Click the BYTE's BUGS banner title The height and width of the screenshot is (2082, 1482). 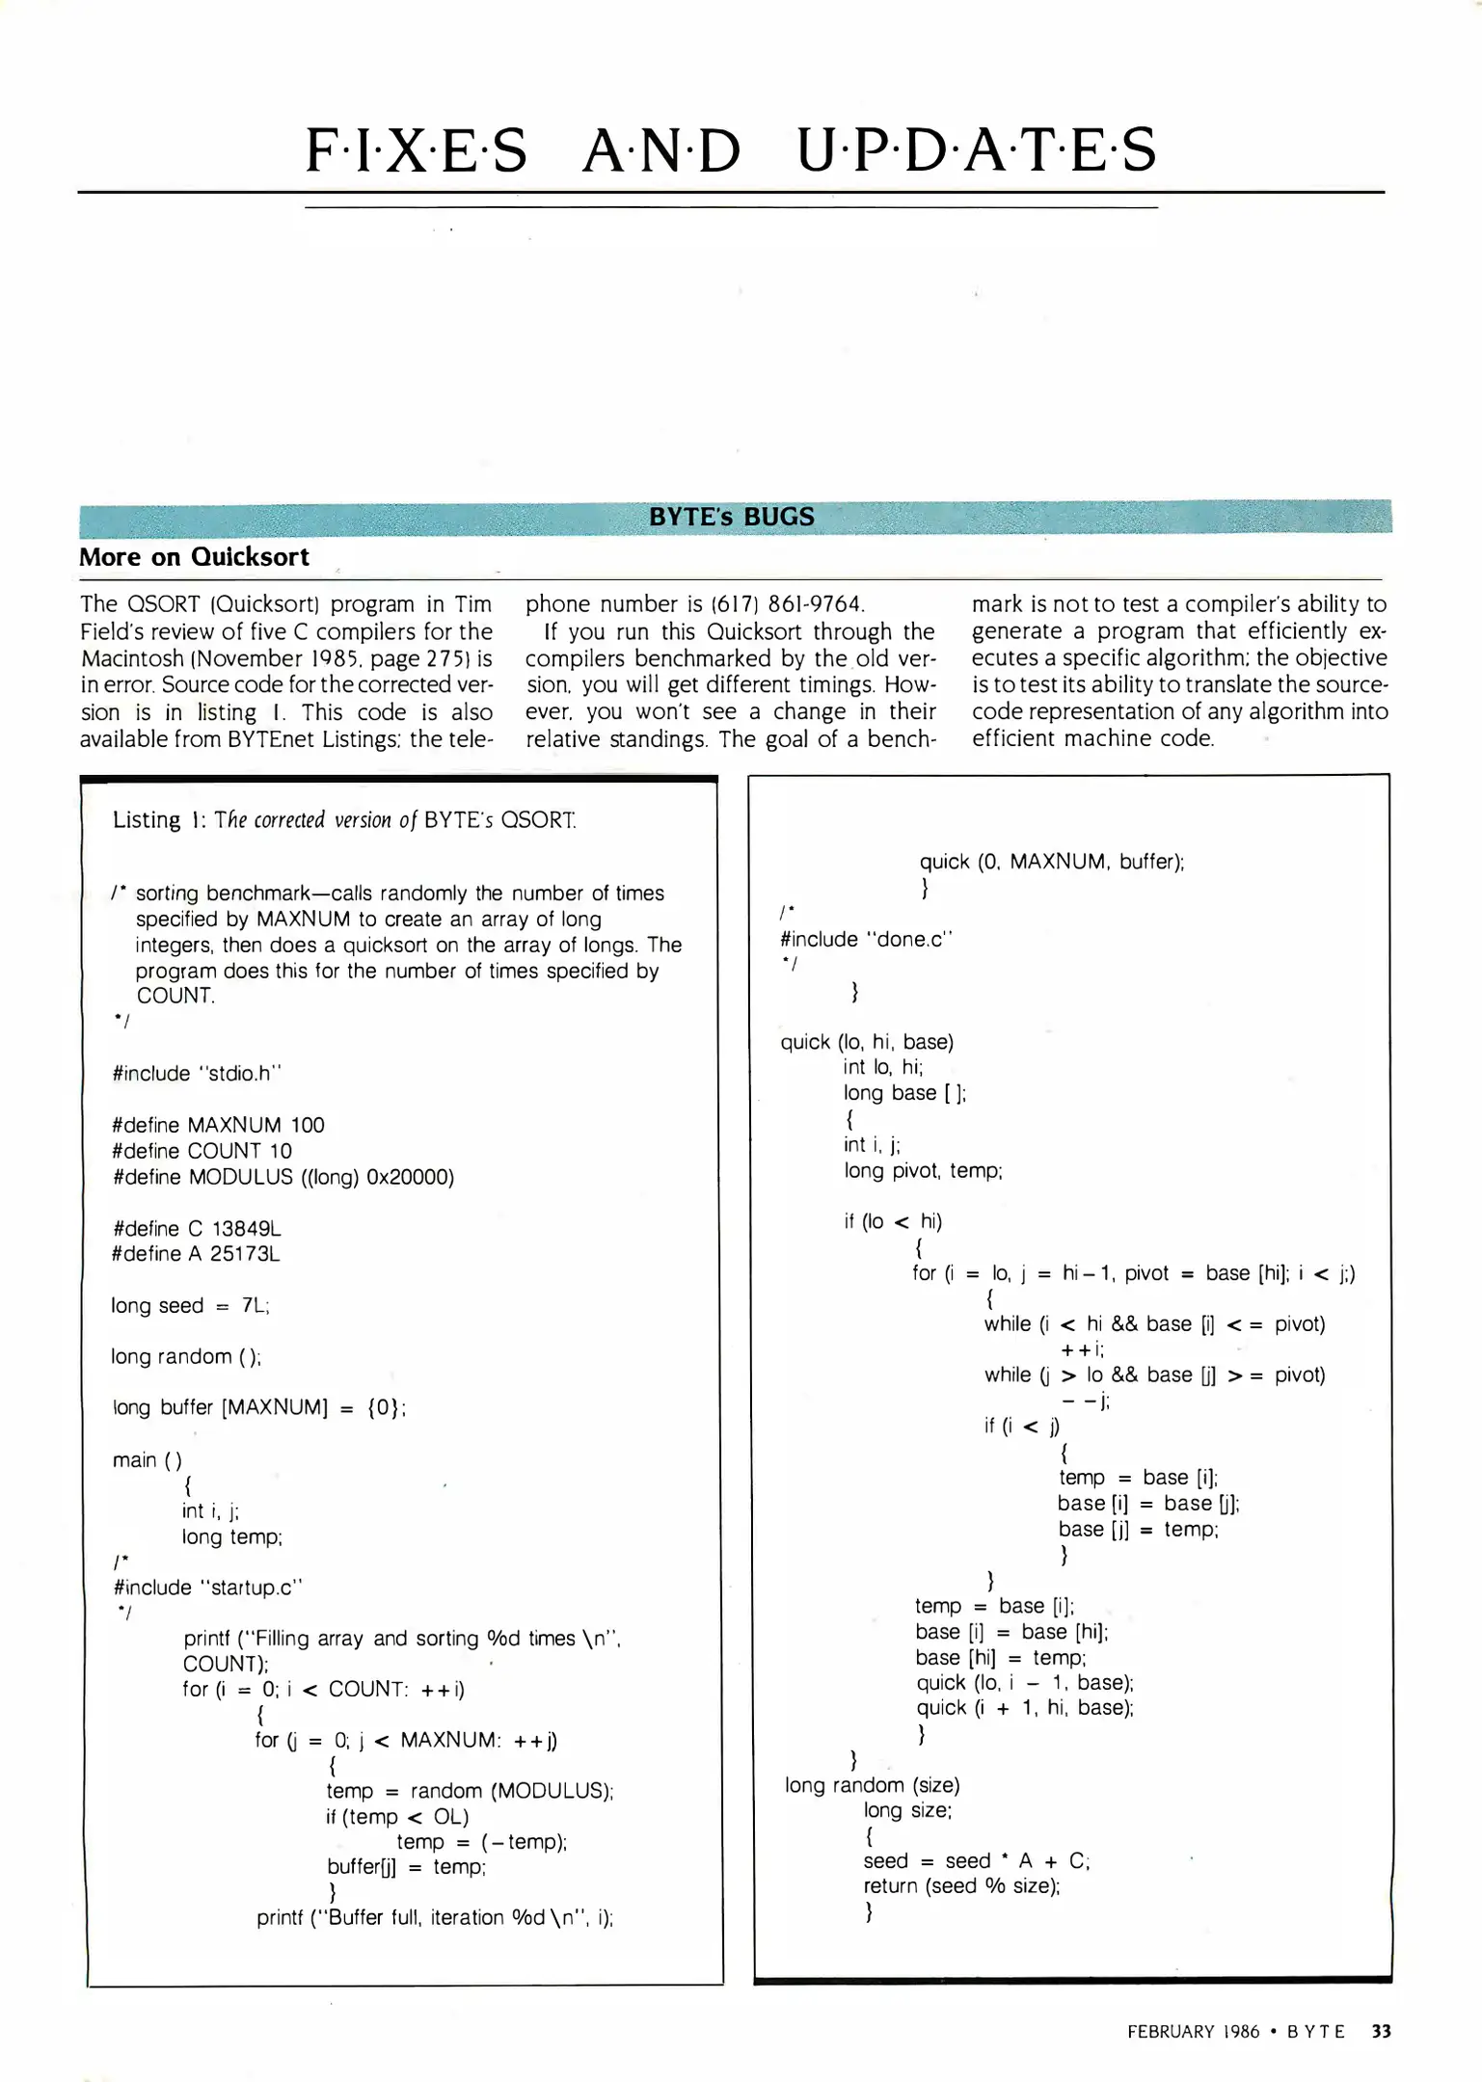731,517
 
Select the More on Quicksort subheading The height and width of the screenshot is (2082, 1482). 194,557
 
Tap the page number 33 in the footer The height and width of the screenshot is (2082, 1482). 1381,2031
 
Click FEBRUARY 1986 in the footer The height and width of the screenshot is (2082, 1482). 1193,2032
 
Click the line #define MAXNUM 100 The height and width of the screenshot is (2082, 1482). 218,1125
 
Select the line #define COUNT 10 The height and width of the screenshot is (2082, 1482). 202,1151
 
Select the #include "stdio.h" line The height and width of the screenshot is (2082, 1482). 197,1074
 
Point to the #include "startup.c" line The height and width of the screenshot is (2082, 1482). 207,1588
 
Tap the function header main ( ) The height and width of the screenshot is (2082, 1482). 147,1460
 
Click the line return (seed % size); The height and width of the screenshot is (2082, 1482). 961,1886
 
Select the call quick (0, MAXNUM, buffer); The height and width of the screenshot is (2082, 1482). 1051,862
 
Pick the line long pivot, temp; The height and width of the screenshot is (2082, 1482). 923,1171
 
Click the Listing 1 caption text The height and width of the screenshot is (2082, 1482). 344,820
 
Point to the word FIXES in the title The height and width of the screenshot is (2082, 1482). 417,151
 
